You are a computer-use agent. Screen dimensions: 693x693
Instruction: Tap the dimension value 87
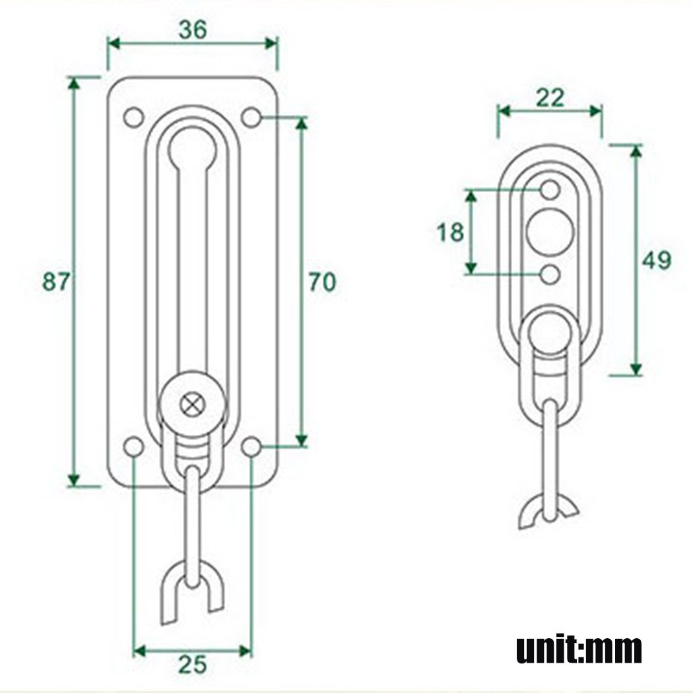pos(55,282)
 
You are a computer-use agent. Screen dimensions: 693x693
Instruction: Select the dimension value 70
pos(322,282)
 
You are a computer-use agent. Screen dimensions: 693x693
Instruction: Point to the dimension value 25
pos(191,665)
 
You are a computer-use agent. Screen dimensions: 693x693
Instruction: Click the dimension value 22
pos(550,98)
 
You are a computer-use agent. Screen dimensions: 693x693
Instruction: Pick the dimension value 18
pos(450,232)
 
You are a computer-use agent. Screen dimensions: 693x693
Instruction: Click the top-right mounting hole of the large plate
pos(251,117)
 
